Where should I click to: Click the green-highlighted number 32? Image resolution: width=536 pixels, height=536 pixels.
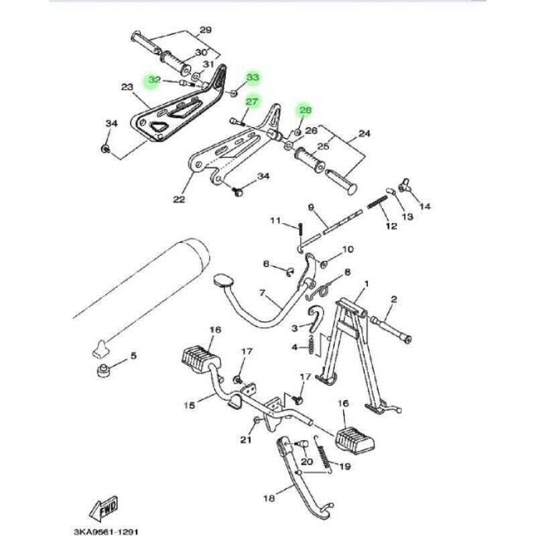click(154, 80)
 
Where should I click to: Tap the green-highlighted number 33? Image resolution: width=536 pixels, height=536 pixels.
click(253, 78)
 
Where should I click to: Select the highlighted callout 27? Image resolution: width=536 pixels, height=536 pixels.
click(252, 103)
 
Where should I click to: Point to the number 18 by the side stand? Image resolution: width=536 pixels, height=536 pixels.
click(269, 498)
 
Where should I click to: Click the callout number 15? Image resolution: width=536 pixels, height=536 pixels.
click(190, 405)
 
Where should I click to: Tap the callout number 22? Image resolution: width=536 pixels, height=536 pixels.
click(179, 199)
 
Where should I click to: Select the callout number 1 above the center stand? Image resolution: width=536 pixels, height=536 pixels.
click(366, 285)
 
